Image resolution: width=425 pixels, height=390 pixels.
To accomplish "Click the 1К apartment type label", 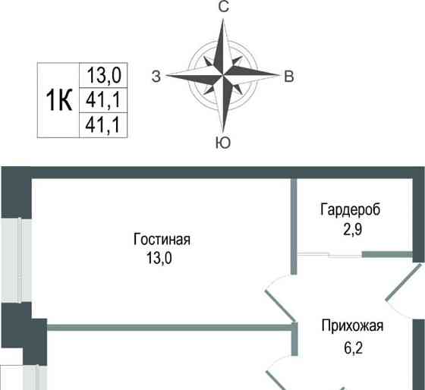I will pos(59,100).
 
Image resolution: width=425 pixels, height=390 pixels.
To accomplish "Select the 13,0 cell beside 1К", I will pos(105,76).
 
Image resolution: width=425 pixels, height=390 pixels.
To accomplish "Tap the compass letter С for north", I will pos(224,8).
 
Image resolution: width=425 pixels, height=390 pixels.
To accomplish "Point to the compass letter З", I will pos(156,76).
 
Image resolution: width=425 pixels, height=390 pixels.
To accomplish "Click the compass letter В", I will pos(289,76).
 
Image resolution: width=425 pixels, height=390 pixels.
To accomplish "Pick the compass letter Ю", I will pos(224,143).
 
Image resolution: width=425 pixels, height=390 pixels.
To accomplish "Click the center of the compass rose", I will pos(224,76).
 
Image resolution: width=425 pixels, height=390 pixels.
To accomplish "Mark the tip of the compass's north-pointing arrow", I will pos(224,21).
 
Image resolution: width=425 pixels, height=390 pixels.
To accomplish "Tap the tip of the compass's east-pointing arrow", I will pos(279,76).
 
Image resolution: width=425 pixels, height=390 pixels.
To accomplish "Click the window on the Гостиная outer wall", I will pos(11,259).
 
